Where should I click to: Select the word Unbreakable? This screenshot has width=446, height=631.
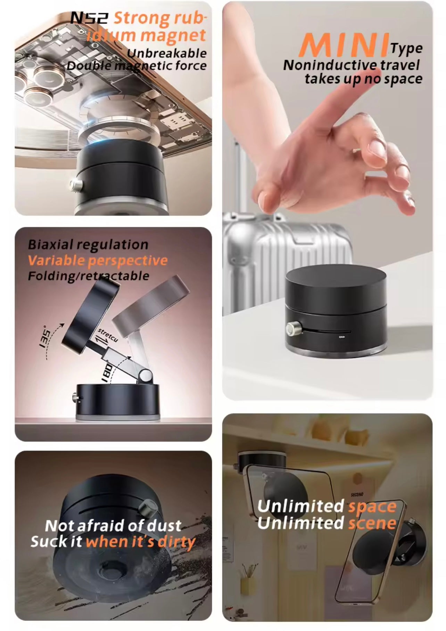[166, 53]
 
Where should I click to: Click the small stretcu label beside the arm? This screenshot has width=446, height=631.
[107, 334]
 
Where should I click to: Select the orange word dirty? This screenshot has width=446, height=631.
[176, 542]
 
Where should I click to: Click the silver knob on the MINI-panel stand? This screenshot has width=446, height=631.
[291, 328]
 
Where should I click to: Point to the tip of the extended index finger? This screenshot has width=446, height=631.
[410, 208]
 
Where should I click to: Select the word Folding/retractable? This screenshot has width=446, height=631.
[88, 276]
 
